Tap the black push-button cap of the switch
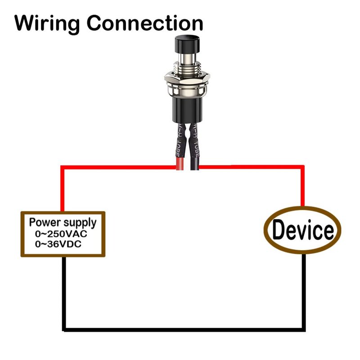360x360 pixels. (x=186, y=45)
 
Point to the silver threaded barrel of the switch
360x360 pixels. (x=186, y=65)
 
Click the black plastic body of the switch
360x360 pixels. (x=186, y=108)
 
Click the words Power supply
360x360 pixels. (x=63, y=222)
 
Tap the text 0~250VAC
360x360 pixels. (x=61, y=234)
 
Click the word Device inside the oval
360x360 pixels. (x=303, y=230)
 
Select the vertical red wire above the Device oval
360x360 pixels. (x=303, y=187)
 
